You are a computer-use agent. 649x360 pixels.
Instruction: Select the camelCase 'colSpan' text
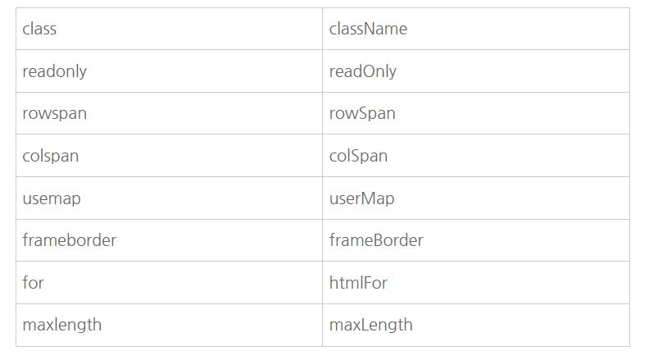(358, 156)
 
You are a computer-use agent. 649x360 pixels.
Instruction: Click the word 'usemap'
(52, 198)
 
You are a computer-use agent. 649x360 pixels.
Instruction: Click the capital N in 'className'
(370, 29)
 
